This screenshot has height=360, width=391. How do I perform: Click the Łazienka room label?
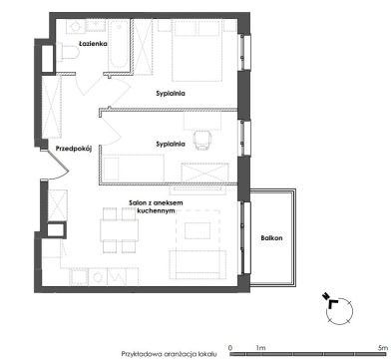[x=93, y=44]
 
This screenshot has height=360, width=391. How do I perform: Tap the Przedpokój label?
[x=74, y=149]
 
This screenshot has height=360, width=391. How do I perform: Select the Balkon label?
[x=271, y=238]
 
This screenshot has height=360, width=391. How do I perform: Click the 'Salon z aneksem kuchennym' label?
[x=156, y=206]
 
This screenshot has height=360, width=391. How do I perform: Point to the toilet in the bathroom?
[x=68, y=52]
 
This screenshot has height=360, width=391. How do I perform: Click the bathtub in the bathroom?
[x=119, y=45]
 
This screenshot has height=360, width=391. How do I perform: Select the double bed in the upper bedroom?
[x=196, y=51]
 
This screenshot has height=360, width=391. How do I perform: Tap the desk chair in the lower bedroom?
[x=202, y=140]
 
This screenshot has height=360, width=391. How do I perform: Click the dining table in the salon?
[x=120, y=230]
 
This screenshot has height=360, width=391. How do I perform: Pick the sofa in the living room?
[x=197, y=264]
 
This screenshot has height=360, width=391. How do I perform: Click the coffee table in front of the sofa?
[x=197, y=230]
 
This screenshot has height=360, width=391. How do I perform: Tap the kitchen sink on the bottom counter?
[x=98, y=277]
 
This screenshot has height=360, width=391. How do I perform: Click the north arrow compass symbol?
[x=337, y=308]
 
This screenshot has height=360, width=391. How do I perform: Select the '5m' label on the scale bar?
[x=383, y=348]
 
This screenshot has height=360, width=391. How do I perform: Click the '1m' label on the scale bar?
[x=260, y=348]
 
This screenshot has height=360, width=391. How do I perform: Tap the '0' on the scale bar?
[x=230, y=348]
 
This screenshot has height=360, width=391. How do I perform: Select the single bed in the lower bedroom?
[x=134, y=168]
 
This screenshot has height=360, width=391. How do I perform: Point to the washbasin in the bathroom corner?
[x=76, y=26]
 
